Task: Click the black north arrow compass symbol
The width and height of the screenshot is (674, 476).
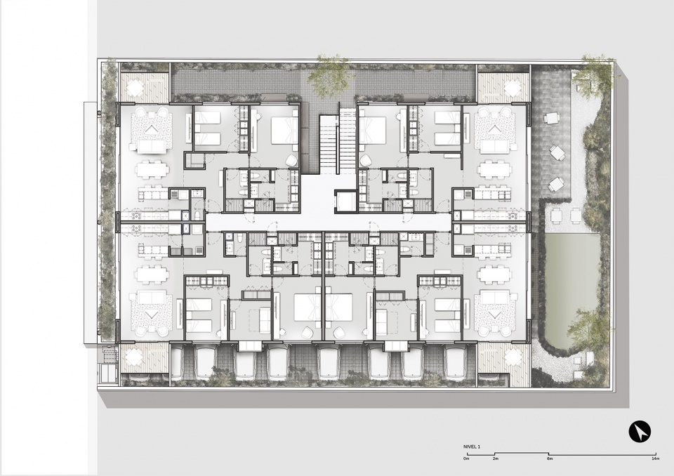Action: (x=640, y=430)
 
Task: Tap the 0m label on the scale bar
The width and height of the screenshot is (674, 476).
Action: (x=466, y=460)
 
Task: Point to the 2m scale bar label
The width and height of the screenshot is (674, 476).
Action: (x=495, y=460)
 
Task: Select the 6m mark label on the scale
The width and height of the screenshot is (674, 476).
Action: (x=550, y=460)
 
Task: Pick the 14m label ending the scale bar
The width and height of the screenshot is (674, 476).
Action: (x=654, y=460)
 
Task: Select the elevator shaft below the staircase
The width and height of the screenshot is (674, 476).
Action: (x=346, y=202)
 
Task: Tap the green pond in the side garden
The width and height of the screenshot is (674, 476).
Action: (x=571, y=288)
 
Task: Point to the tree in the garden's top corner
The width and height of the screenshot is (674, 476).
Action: (x=595, y=74)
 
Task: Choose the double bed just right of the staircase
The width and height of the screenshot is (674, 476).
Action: (x=376, y=130)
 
